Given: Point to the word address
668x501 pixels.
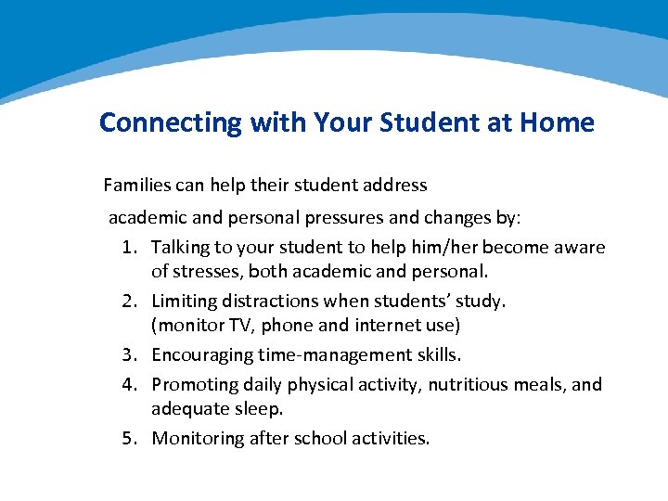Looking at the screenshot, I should [395, 185].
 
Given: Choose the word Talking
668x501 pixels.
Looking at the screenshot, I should [180, 248].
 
